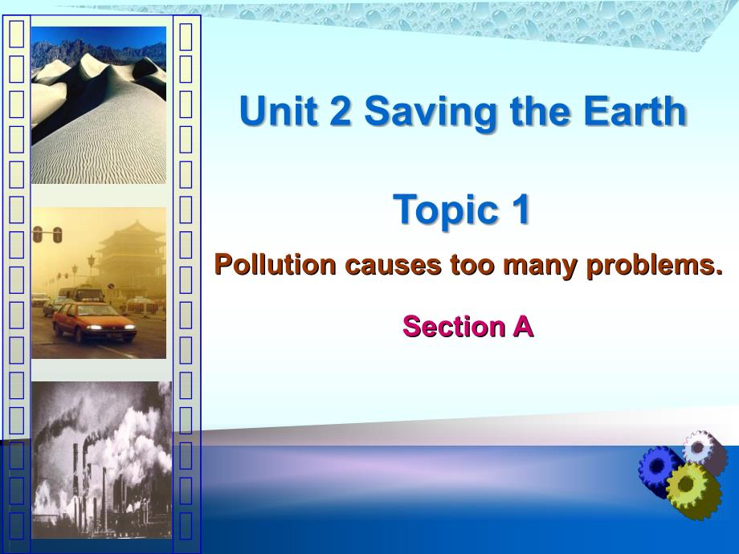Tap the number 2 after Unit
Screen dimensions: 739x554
click(x=341, y=111)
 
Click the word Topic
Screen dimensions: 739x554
click(x=446, y=210)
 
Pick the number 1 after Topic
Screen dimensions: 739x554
click(x=520, y=209)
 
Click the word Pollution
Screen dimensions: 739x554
click(x=276, y=264)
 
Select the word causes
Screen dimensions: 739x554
click(x=394, y=266)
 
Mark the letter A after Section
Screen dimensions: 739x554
click(x=522, y=327)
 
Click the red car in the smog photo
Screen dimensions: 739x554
click(x=94, y=322)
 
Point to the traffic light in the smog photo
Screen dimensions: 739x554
click(x=47, y=234)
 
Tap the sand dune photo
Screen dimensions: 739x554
click(x=99, y=105)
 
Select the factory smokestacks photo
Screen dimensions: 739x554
click(x=102, y=460)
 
